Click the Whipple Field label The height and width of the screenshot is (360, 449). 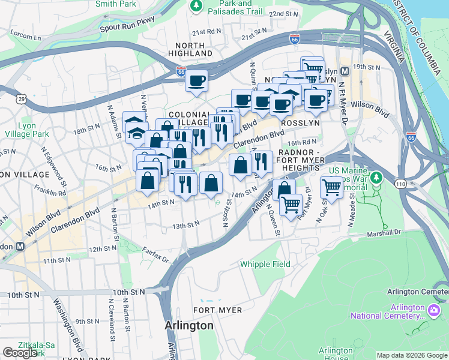tap(265, 264)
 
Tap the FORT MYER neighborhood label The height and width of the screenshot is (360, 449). tap(217, 310)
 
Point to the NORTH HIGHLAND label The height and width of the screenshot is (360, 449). tap(194, 49)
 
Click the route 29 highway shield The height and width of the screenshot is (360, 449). tap(21, 98)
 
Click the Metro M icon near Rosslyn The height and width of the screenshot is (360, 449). tap(345, 70)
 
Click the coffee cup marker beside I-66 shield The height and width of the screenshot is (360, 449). tap(196, 80)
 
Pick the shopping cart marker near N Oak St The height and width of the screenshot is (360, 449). tap(331, 188)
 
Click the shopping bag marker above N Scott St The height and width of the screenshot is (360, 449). tap(211, 184)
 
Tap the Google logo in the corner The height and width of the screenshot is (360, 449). tap(20, 352)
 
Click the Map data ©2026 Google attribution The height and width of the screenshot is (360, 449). tap(411, 355)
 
